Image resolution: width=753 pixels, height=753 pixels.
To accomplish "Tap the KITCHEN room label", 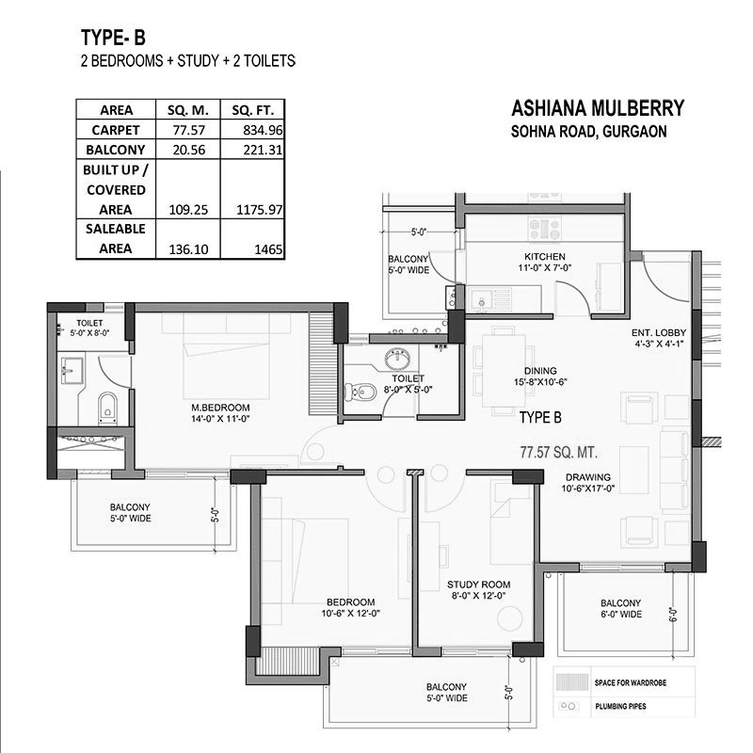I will click(x=545, y=257).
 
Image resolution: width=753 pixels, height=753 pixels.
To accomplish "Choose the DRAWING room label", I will click(x=588, y=477).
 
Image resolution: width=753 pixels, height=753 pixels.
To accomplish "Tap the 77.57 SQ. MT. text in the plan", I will click(x=568, y=451).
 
